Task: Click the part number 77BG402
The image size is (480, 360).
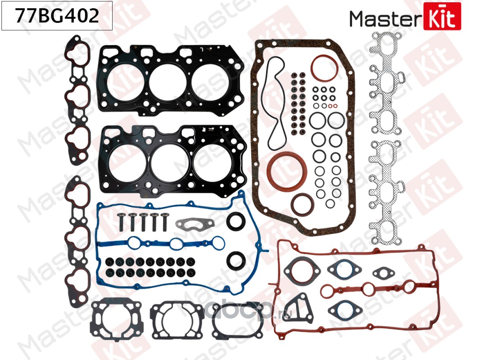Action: click(x=57, y=17)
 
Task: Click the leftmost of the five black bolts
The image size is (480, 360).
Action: click(x=121, y=220)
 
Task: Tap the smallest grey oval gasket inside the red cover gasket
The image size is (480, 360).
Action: click(x=383, y=273)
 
